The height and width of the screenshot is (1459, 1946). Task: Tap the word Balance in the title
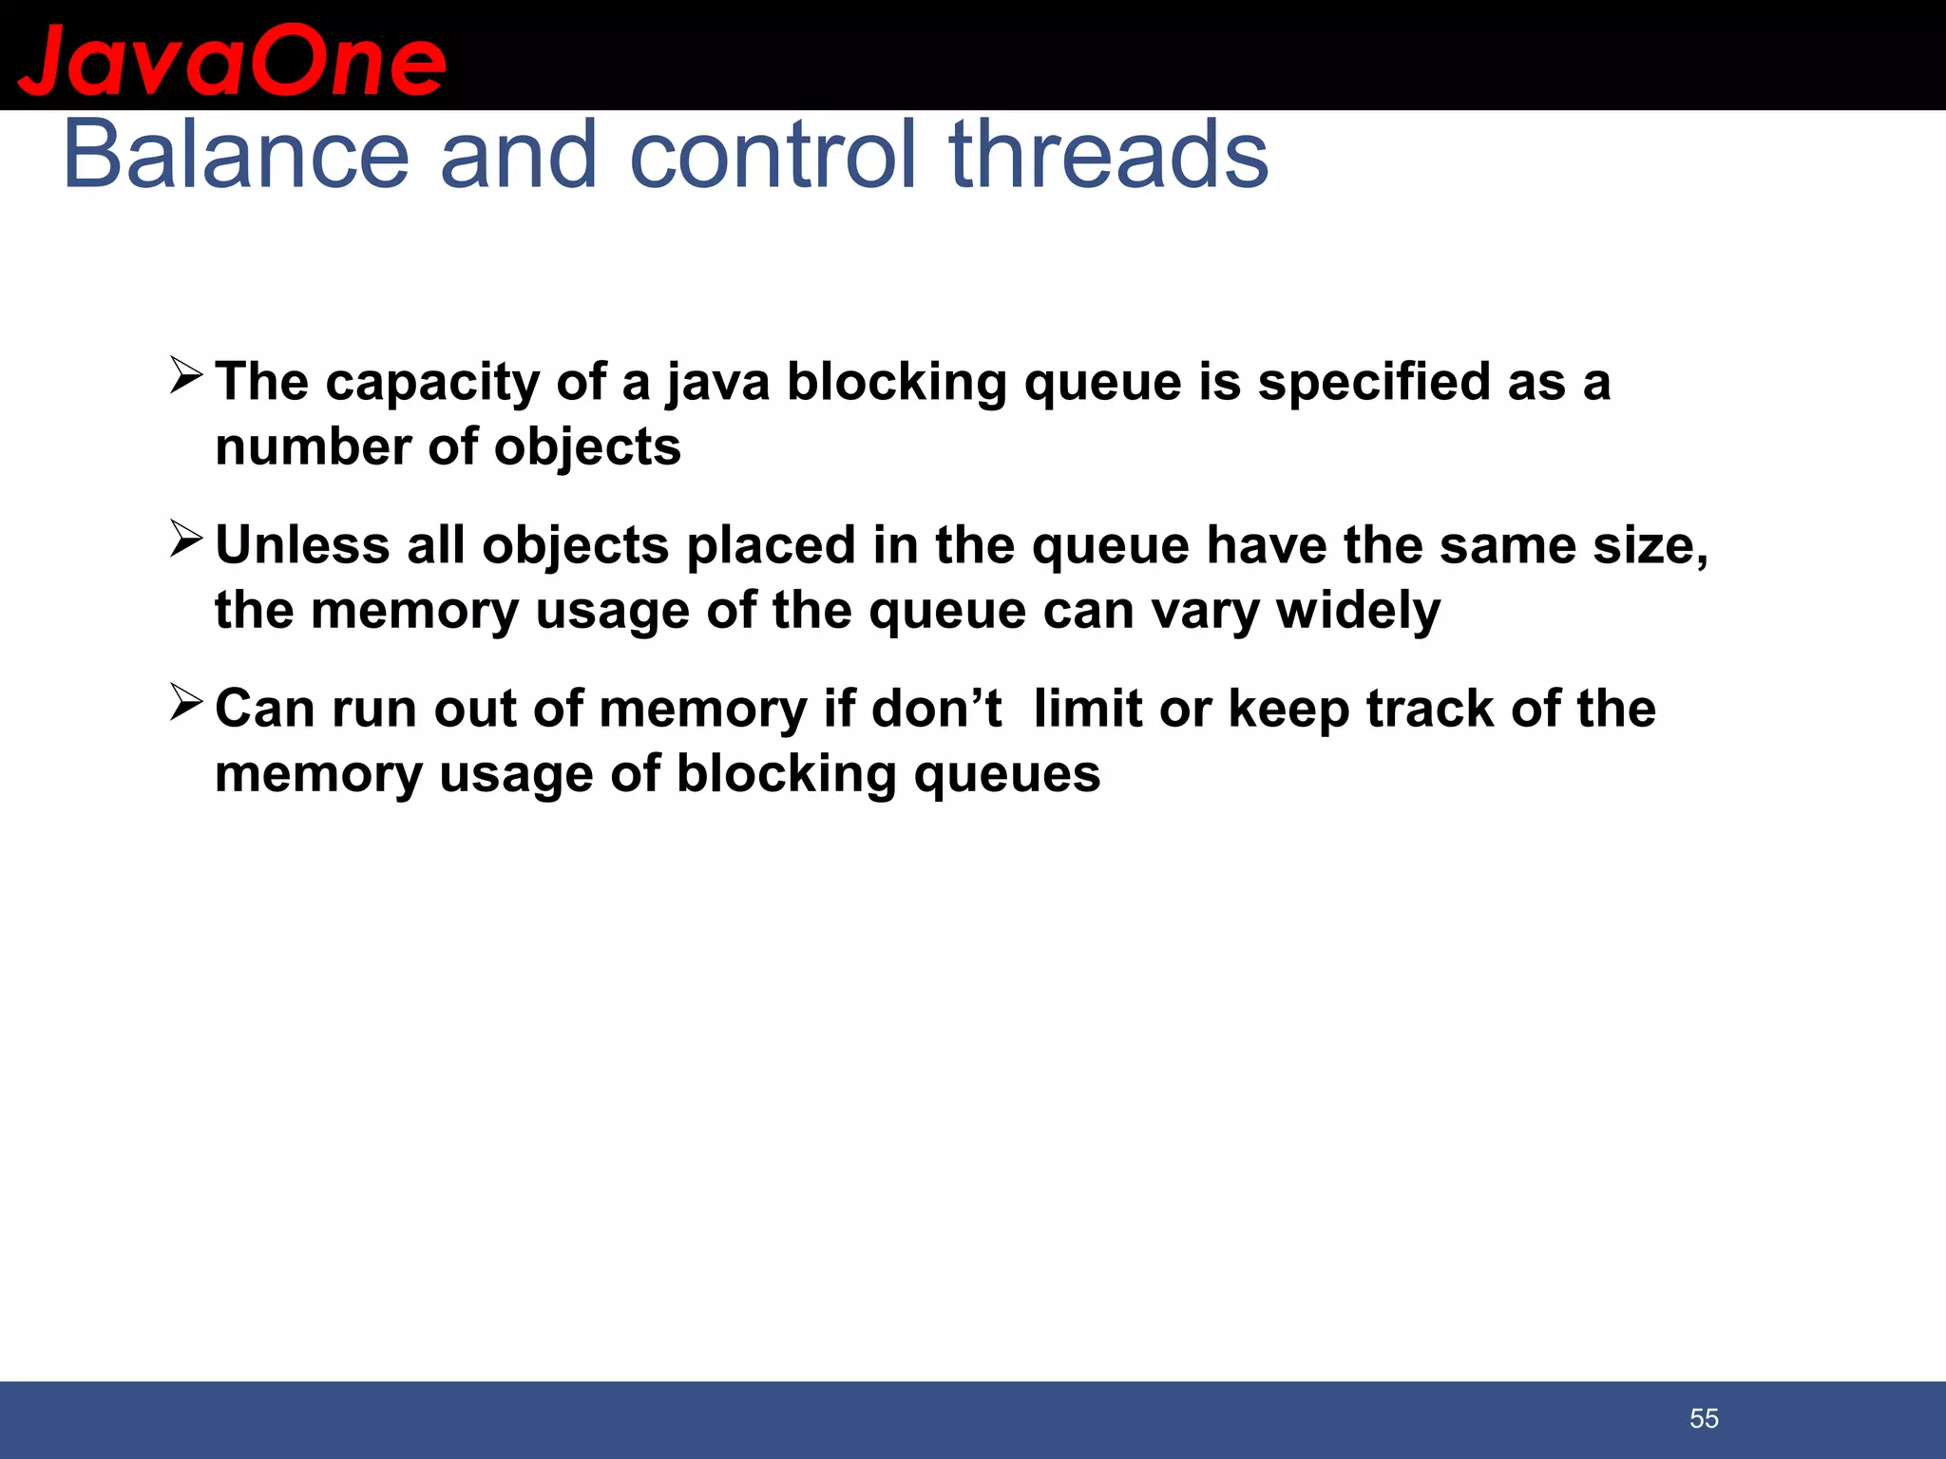coord(236,155)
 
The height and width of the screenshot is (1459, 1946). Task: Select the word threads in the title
coord(1108,155)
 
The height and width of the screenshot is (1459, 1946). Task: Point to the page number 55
coord(1704,1418)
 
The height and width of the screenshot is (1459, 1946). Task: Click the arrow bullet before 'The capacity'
coord(186,376)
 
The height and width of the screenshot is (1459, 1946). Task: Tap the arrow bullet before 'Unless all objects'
coord(186,540)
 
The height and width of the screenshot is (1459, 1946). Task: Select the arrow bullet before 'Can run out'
coord(186,703)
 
